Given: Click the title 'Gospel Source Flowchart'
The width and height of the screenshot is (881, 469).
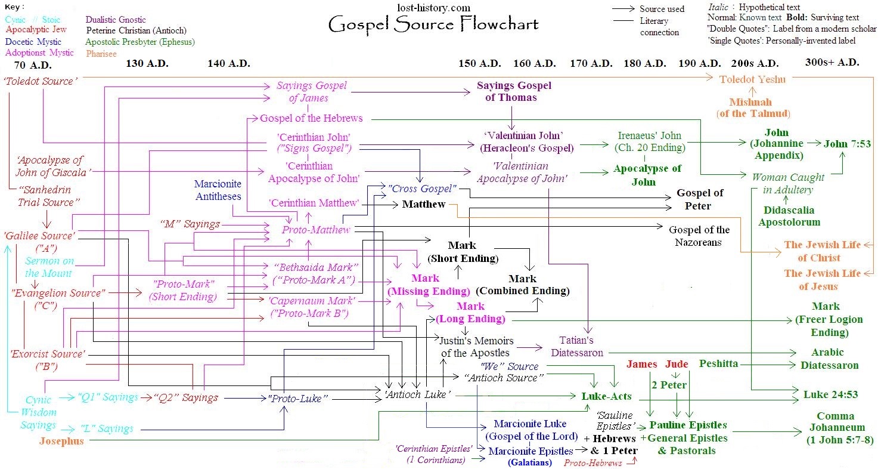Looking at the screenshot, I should (433, 24).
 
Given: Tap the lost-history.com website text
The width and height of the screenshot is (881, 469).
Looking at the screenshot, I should (433, 8).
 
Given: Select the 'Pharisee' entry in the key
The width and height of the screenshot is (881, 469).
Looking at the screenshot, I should (102, 53).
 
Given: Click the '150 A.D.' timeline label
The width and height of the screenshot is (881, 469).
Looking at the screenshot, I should (479, 63).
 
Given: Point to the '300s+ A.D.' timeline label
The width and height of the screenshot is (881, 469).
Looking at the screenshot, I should (832, 62).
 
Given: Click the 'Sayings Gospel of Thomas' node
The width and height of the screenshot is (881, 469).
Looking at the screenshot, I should (514, 91).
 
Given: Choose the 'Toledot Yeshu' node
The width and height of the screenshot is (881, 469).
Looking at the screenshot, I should (752, 79).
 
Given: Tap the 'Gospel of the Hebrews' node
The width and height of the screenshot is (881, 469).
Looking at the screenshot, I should (311, 118).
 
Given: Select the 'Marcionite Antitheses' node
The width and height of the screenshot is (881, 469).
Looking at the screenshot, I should (218, 190).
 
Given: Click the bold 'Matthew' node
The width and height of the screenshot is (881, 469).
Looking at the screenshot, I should (424, 205).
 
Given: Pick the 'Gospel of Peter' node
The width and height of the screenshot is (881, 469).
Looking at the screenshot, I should (700, 199).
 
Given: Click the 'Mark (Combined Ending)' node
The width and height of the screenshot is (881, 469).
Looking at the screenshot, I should (522, 285).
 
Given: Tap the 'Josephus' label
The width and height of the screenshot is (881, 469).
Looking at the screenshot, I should (62, 441).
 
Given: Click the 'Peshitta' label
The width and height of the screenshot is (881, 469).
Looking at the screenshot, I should (719, 363).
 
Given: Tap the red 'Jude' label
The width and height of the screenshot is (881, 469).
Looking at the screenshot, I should (677, 364).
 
